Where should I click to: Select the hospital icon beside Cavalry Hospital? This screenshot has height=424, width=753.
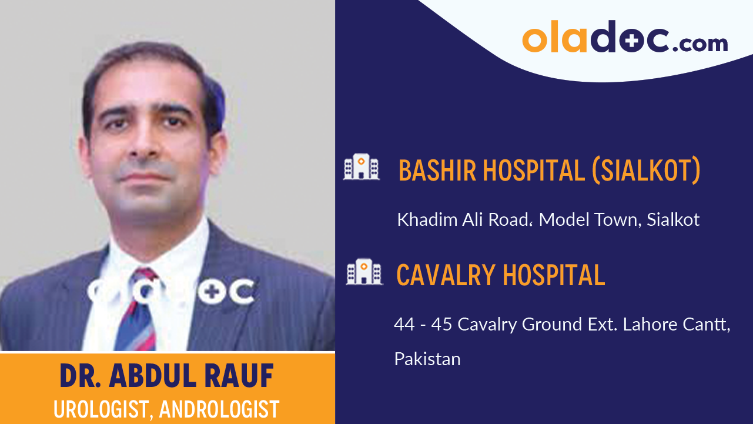tap(364, 272)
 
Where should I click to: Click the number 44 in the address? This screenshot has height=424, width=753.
tap(404, 324)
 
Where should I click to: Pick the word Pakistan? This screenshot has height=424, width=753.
tap(427, 359)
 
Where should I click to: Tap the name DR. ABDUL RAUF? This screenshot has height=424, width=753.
tap(167, 376)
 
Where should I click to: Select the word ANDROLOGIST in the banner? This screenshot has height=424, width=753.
tap(219, 409)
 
